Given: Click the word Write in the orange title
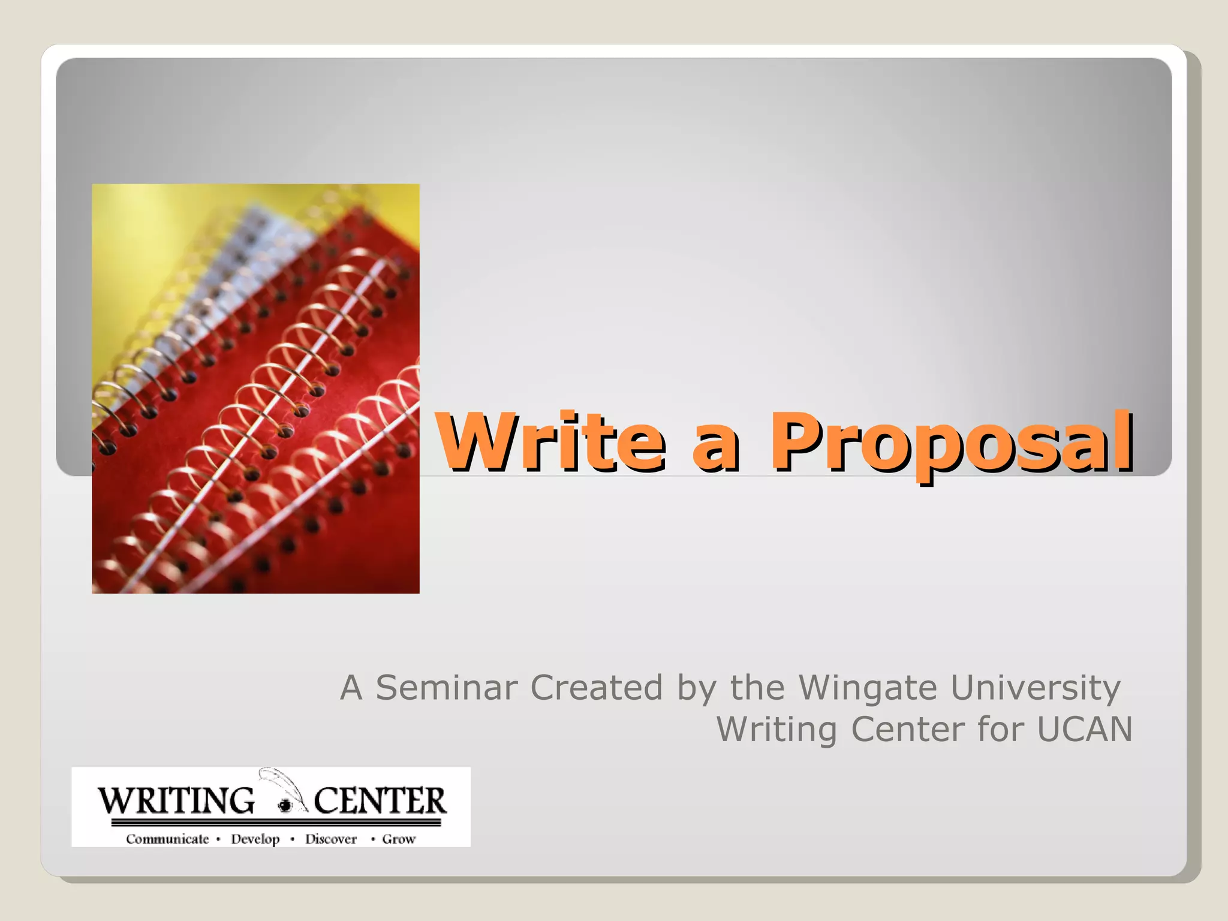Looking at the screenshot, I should tap(550, 443).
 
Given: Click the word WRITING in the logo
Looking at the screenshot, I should tap(176, 801).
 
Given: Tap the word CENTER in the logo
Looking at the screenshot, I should tap(380, 801).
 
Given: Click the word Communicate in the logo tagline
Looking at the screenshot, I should tap(167, 839).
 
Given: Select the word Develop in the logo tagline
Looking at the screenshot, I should tap(255, 839).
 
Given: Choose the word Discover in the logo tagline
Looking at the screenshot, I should tap(330, 839).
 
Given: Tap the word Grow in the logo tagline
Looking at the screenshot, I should tap(399, 839).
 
